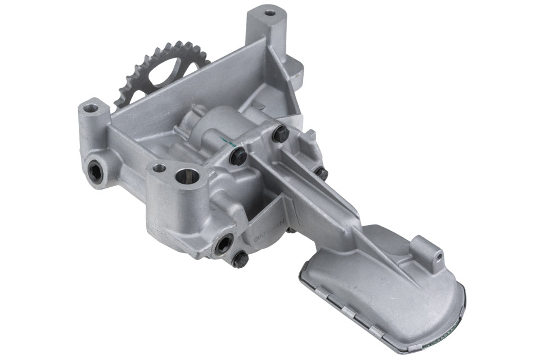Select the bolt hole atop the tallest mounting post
click(x=269, y=11)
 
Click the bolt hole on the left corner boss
click(x=89, y=106)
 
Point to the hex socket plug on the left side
click(x=96, y=173)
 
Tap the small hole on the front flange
click(x=159, y=168)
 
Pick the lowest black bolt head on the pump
click(x=240, y=258)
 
